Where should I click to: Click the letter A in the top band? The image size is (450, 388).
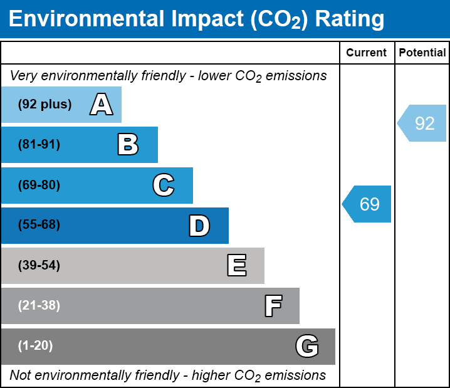pos(102,104)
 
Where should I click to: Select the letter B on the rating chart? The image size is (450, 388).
pos(128,144)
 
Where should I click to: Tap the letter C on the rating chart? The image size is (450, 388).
pos(164,185)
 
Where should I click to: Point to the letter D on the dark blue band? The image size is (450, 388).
pos(199,226)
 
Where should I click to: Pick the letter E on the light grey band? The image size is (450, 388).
pos(237,265)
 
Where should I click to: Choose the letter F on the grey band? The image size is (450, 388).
pos(273,306)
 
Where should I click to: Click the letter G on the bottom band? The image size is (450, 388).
pos(307,346)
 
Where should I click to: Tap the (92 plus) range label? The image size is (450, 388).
pos(44,104)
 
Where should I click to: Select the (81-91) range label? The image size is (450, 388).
pos(39,144)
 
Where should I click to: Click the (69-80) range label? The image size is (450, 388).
pos(39,185)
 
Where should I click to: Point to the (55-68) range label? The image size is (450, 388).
pos(39,224)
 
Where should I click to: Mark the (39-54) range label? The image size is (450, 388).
pos(39,266)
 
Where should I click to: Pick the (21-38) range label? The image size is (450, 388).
pos(39,306)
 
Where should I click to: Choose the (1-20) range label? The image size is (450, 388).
pos(35,346)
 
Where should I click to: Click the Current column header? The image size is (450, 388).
pos(366,53)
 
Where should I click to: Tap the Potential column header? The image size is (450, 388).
pos(422,53)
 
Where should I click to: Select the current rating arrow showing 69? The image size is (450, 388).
pos(367,204)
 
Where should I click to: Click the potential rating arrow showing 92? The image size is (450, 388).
pos(422,123)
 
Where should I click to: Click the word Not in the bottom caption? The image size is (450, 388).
pos(20,375)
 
